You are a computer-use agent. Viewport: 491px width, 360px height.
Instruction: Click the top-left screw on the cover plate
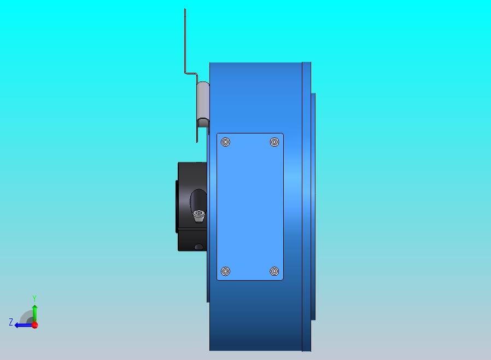click(x=225, y=142)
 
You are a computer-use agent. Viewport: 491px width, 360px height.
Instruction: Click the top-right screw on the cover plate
click(x=274, y=142)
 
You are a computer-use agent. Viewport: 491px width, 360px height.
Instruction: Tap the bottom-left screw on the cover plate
click(x=225, y=271)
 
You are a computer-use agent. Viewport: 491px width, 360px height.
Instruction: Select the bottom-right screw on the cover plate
click(x=274, y=271)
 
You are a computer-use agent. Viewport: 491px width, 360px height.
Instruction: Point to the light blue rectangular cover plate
click(x=250, y=206)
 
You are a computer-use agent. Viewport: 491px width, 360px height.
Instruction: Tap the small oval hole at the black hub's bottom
click(x=199, y=247)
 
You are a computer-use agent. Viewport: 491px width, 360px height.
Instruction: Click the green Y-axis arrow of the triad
click(x=35, y=313)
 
